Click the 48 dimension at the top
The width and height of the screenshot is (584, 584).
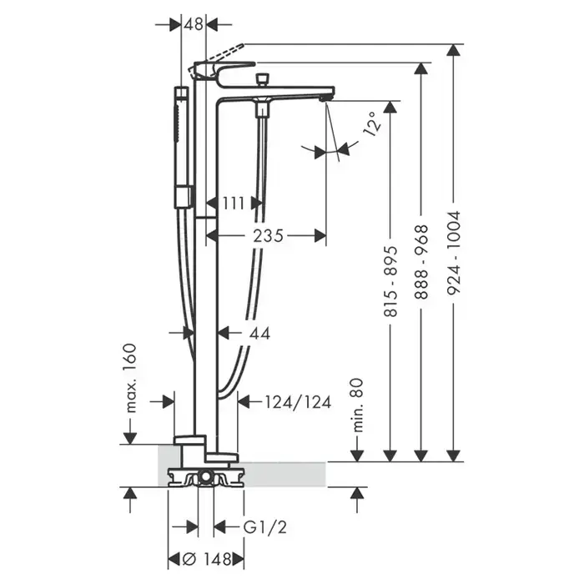[x=194, y=24]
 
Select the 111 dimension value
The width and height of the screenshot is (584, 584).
[x=234, y=204]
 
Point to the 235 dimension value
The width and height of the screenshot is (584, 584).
[x=268, y=236]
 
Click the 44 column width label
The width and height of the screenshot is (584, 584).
[x=259, y=334]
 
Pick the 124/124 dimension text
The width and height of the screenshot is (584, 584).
[x=298, y=402]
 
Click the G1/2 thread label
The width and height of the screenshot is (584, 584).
[x=265, y=527]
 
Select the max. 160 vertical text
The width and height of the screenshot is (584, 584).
[x=130, y=378]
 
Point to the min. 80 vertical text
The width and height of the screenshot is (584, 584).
[x=357, y=405]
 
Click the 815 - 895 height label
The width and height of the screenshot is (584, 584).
[x=390, y=282]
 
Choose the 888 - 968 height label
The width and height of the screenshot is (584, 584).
[x=421, y=262]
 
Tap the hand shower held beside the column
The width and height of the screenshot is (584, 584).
[x=183, y=148]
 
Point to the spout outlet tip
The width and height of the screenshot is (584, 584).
[x=325, y=98]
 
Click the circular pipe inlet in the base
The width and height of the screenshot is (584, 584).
[x=205, y=476]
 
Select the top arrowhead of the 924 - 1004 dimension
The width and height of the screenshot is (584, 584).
[x=453, y=50]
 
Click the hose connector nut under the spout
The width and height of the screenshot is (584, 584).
[x=263, y=111]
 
